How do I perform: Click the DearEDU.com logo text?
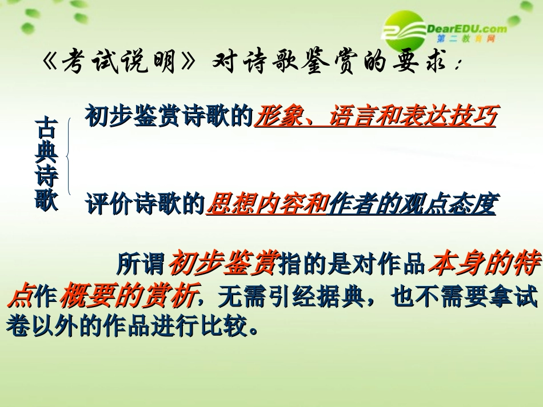[x=466, y=28]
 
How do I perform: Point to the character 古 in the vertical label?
[x=46, y=128]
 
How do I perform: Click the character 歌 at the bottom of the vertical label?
[x=46, y=200]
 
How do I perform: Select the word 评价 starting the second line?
[x=106, y=204]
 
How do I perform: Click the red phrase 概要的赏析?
[x=129, y=295]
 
